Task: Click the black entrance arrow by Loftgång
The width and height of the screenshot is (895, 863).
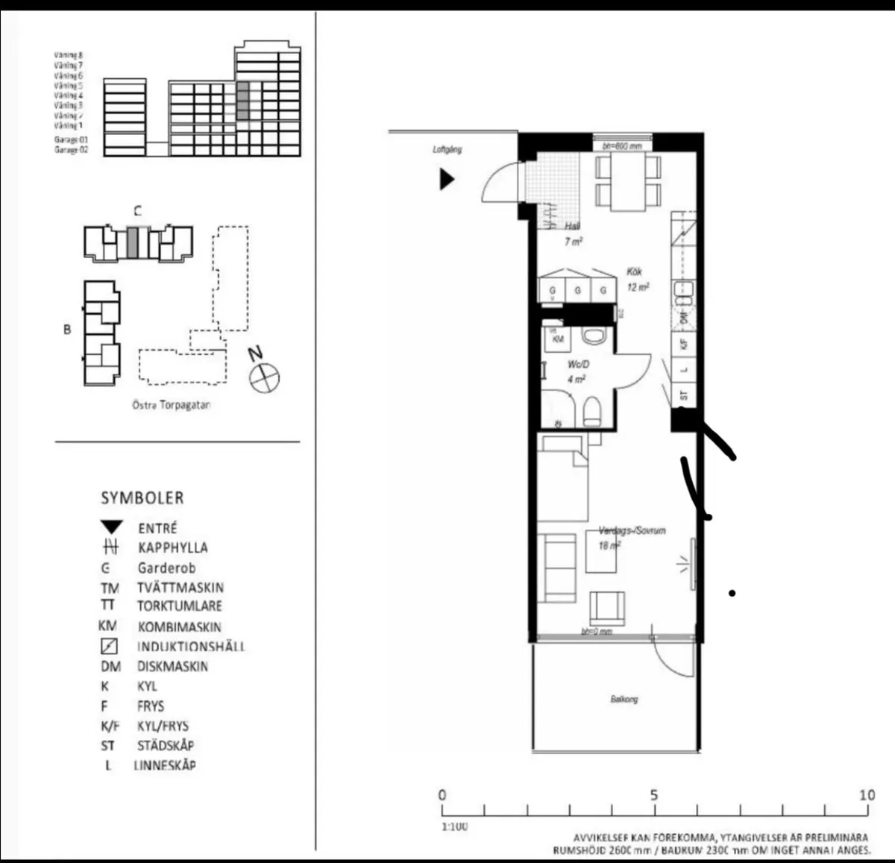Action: [x=446, y=179]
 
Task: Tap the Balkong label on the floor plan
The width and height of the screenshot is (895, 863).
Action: [x=624, y=700]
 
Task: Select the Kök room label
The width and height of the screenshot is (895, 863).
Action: [x=634, y=272]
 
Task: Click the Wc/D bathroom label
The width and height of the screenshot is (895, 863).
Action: [x=578, y=365]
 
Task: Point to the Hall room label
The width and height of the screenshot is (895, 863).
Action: [x=572, y=227]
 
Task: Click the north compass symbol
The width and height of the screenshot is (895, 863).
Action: [x=264, y=377]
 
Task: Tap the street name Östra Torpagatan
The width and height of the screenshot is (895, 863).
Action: [x=172, y=406]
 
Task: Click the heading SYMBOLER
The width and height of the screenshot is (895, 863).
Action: [x=142, y=498]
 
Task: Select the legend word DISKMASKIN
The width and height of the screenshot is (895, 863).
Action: [x=172, y=667]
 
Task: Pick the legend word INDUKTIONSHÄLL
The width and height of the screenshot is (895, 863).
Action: [x=190, y=647]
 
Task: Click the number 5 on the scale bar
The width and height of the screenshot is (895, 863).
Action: [x=653, y=795]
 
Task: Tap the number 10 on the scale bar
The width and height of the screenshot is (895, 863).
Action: [x=866, y=795]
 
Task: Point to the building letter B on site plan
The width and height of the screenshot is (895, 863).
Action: [x=67, y=330]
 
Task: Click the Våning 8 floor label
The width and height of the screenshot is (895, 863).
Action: [x=69, y=55]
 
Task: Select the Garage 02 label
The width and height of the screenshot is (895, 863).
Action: [x=71, y=150]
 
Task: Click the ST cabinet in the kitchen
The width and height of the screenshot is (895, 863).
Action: [x=684, y=395]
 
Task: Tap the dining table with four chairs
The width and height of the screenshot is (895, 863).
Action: [x=628, y=183]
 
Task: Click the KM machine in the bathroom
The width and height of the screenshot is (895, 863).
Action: [x=557, y=339]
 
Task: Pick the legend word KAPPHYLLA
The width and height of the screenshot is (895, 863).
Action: [x=172, y=547]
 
